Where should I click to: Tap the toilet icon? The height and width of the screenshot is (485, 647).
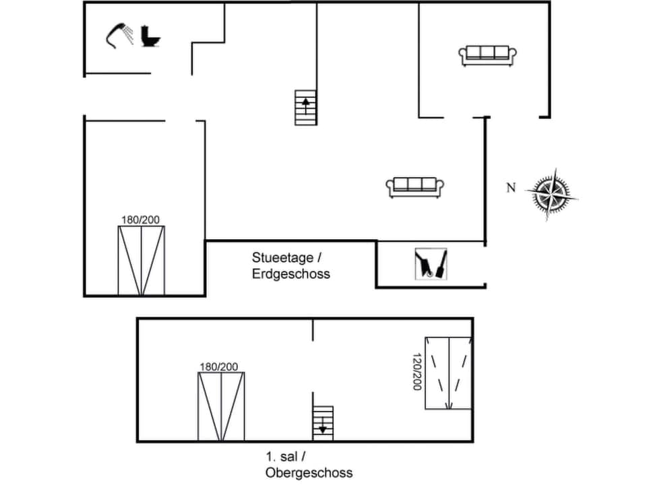pos(151,36)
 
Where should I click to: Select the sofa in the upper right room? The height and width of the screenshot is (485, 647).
pos(488,55)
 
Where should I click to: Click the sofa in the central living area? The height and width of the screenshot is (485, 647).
pos(417,187)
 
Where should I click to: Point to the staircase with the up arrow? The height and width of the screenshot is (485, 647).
pos(306,108)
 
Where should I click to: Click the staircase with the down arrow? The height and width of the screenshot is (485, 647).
pos(323,423)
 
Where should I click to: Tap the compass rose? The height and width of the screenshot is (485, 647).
pos(551,193)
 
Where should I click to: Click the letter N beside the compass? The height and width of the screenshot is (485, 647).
pos(511,188)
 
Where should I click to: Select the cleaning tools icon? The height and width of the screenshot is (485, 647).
pos(431,263)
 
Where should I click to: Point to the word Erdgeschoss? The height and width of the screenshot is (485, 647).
pos(291,274)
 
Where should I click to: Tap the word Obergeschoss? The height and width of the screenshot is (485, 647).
pos(309,472)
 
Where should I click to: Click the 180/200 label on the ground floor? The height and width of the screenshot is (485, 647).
pos(140,220)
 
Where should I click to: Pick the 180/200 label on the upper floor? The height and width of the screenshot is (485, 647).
pos(219,366)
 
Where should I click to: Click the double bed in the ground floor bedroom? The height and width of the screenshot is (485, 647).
pos(142,261)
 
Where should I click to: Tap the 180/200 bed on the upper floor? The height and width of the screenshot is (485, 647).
pos(221,406)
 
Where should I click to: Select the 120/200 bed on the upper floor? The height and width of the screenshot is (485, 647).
pos(448,373)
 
